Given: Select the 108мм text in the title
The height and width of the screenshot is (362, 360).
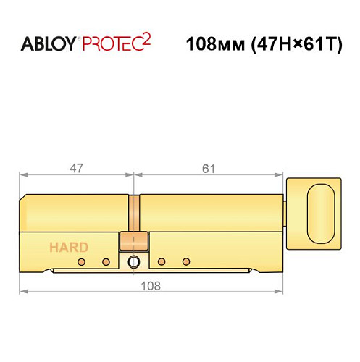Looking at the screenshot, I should [212, 43].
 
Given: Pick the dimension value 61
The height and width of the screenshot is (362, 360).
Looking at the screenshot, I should [209, 169].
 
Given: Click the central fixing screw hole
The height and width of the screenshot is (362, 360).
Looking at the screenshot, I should [133, 262].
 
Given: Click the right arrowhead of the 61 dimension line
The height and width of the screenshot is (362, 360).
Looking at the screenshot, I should [280, 175].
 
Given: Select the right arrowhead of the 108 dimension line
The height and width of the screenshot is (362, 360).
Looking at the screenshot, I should [280, 291].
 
